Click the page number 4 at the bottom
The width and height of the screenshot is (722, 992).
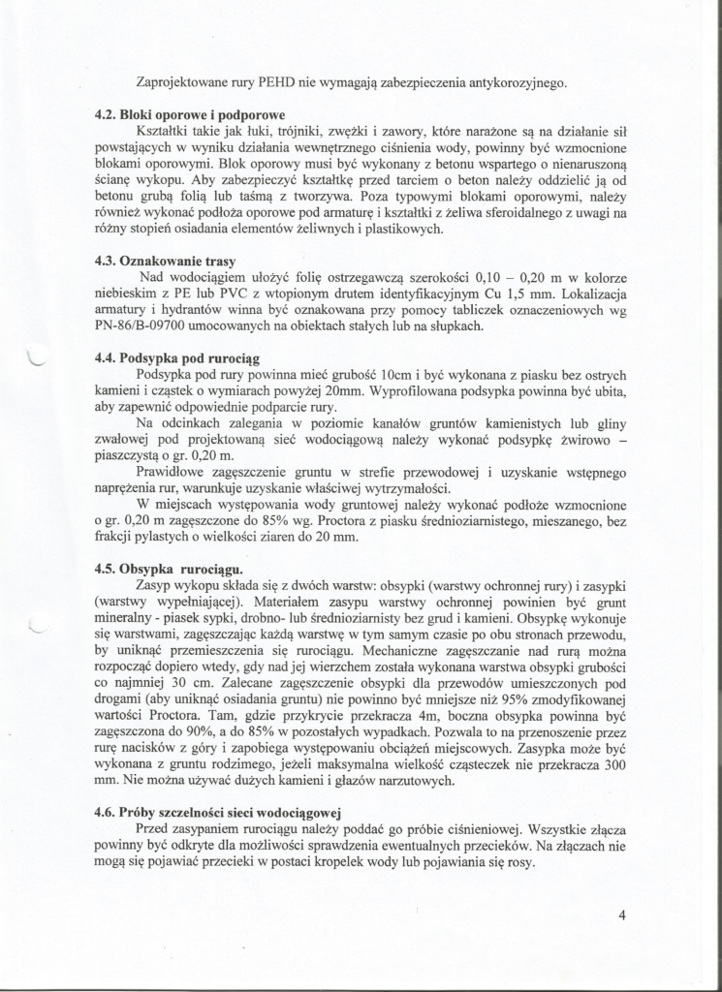click(621, 914)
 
